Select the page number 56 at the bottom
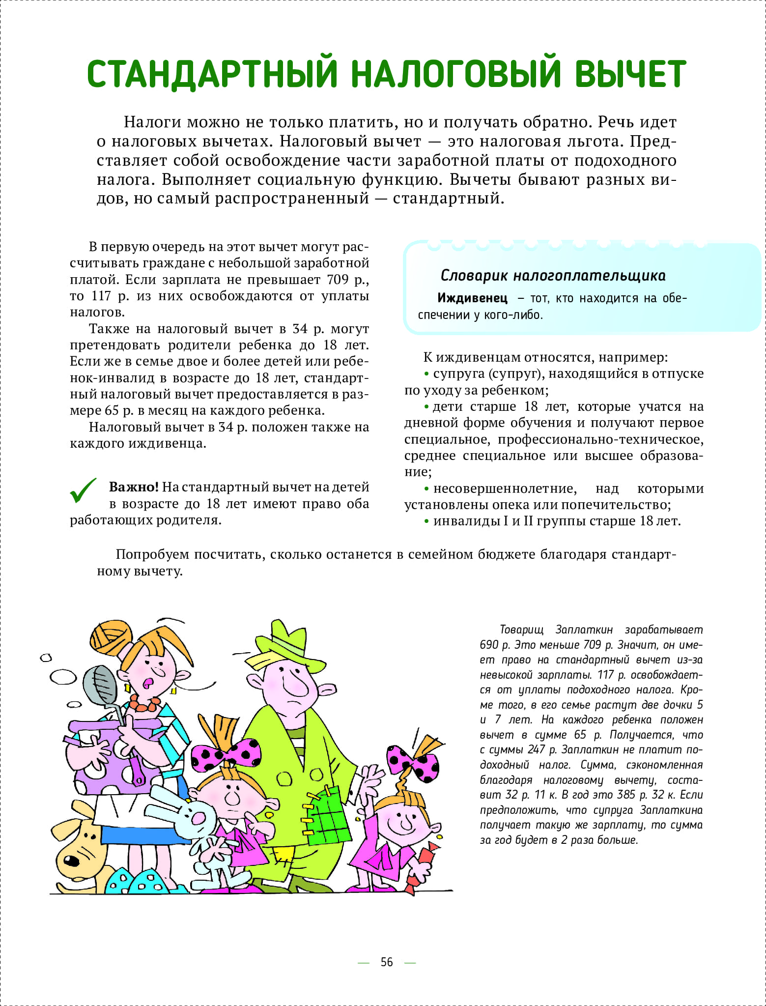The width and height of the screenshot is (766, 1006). coord(387,962)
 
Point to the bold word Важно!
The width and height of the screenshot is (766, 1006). coord(134,487)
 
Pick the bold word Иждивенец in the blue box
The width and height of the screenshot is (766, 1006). coord(472,298)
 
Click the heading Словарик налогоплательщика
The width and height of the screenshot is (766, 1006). coord(553,275)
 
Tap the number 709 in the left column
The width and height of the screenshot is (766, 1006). coord(338,280)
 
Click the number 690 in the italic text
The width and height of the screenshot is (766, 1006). coord(489,645)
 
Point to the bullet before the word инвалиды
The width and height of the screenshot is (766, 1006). coord(426,521)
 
